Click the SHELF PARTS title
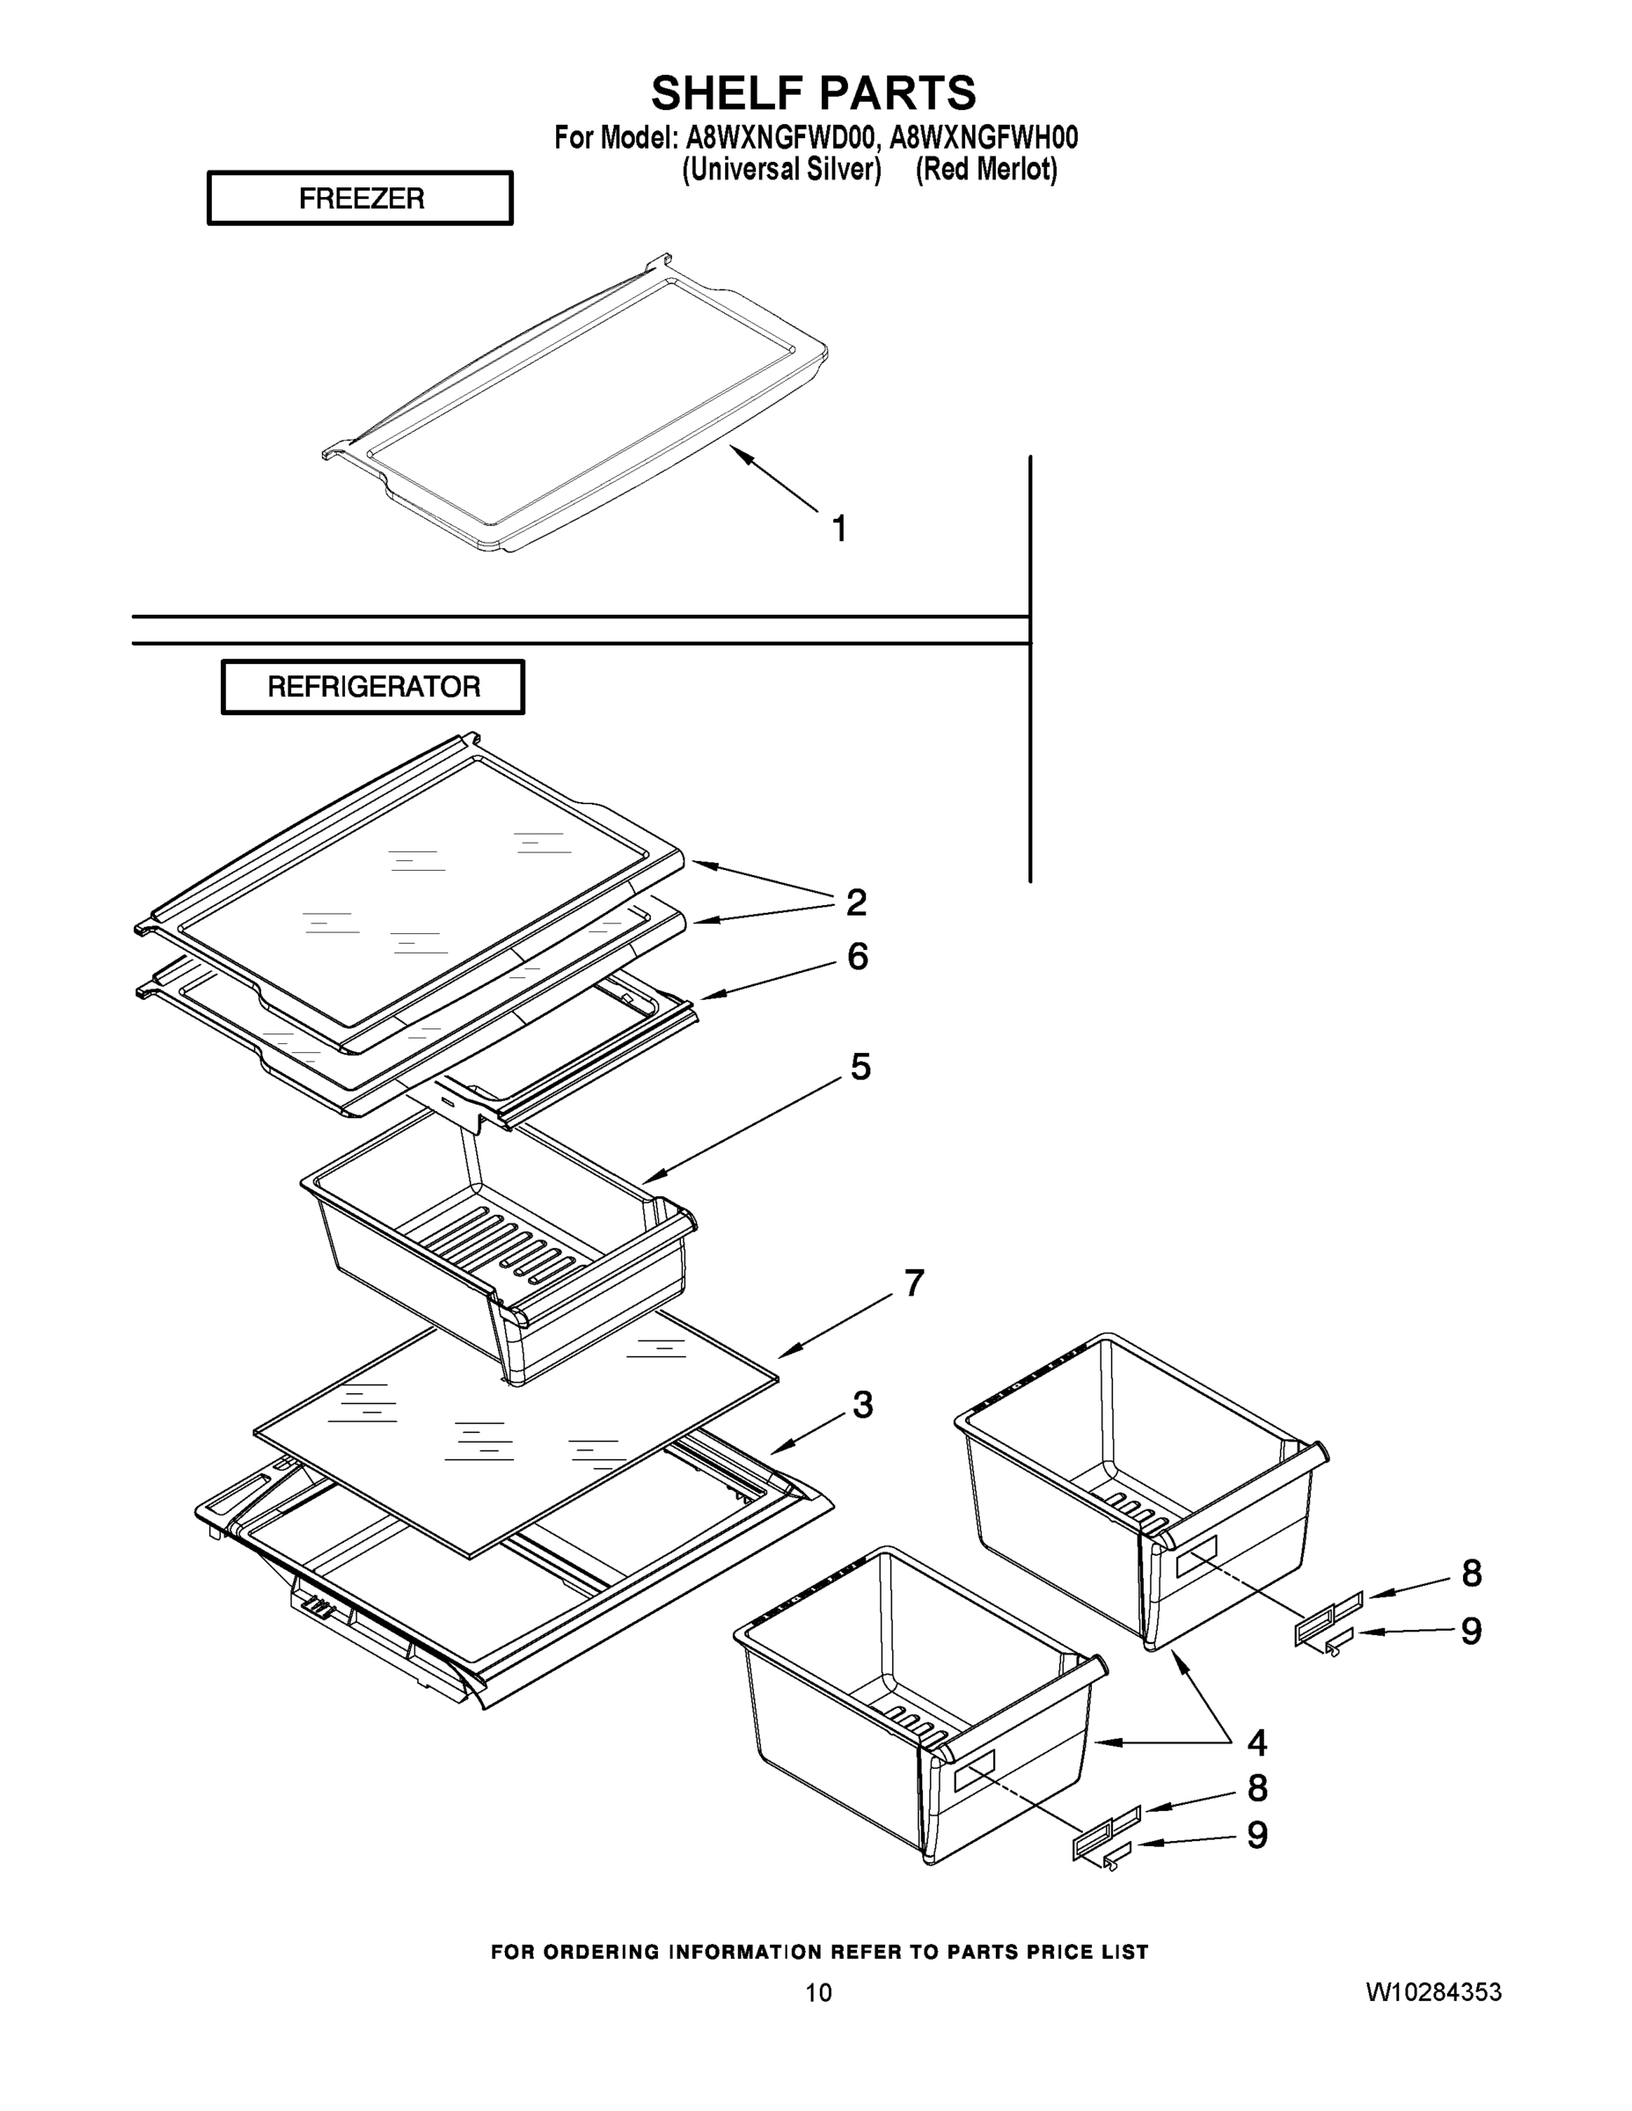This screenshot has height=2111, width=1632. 813,94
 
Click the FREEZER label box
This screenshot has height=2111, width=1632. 360,198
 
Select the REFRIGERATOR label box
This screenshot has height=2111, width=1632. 373,687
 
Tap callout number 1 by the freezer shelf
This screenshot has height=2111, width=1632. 839,529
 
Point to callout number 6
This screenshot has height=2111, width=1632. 857,956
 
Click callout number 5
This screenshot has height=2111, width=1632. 860,1067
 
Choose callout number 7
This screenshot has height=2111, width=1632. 913,1282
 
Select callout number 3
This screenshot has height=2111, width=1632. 862,1406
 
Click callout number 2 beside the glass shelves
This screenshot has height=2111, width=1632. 856,902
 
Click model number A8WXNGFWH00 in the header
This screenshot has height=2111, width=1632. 984,138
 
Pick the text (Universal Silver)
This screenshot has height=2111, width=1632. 781,169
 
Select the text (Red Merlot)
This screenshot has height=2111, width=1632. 986,169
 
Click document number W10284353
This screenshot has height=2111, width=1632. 1433,1992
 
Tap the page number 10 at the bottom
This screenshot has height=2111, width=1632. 818,1993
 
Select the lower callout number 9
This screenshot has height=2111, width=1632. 1256,1835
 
